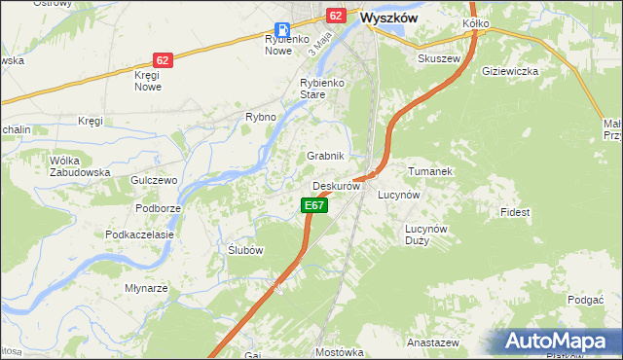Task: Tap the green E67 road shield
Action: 312,205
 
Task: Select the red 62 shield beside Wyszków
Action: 336,16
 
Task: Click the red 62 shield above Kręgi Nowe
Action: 163,60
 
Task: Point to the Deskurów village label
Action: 337,186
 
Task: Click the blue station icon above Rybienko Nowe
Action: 281,29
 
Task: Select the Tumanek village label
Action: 430,171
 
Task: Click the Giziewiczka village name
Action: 510,71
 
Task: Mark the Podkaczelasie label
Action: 139,234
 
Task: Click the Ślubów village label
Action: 245,250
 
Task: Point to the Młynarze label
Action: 147,288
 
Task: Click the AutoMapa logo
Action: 560,341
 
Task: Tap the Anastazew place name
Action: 433,343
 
